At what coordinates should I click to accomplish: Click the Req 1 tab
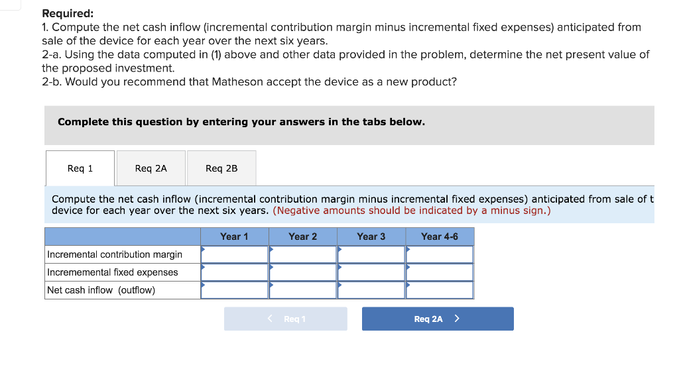(80, 168)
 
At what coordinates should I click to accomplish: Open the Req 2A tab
(151, 168)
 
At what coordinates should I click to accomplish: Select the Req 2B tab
(221, 168)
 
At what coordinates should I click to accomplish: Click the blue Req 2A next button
(437, 319)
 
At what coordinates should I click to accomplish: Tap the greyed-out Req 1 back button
(286, 319)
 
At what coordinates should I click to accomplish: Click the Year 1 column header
(234, 236)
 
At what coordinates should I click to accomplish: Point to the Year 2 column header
(302, 236)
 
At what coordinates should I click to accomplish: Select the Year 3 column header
(371, 236)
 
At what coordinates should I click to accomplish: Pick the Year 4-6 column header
(440, 236)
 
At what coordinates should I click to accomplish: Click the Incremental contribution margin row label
(115, 254)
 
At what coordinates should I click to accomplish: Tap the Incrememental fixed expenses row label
(113, 272)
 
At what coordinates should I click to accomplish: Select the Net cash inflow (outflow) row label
(101, 290)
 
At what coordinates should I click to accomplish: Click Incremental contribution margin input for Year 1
(235, 254)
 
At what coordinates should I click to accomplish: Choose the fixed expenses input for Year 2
(303, 272)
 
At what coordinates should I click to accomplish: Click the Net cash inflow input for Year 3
(371, 290)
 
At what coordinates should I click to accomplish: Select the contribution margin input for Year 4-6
(440, 254)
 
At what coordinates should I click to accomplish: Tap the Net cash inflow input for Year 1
(235, 290)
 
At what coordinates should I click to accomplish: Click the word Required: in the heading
(68, 13)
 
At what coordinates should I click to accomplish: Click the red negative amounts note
(411, 211)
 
